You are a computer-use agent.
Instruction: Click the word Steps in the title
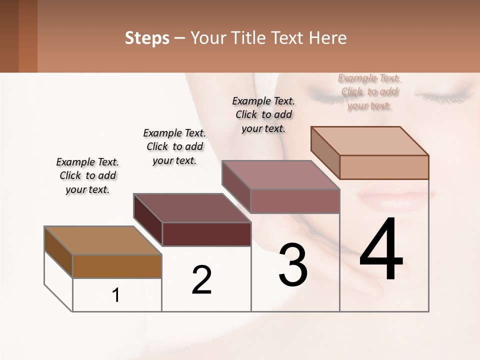(x=147, y=38)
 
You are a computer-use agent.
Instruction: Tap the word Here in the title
(x=328, y=38)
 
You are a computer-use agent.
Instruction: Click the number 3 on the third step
(x=293, y=265)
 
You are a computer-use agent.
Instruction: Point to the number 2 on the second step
(x=201, y=279)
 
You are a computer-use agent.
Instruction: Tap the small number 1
(x=116, y=295)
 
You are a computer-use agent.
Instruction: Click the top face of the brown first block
(x=103, y=240)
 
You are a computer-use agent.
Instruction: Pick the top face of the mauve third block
(x=280, y=175)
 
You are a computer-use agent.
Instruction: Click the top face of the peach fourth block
(x=369, y=141)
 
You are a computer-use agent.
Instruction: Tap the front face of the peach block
(x=384, y=167)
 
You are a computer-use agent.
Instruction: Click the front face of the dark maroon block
(x=206, y=234)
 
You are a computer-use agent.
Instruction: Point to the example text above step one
(x=87, y=175)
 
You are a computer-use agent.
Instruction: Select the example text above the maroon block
(x=174, y=146)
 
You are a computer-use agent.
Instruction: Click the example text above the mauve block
(x=263, y=114)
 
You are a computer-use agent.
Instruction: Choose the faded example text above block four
(x=369, y=91)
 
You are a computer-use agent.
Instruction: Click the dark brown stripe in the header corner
(x=9, y=36)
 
